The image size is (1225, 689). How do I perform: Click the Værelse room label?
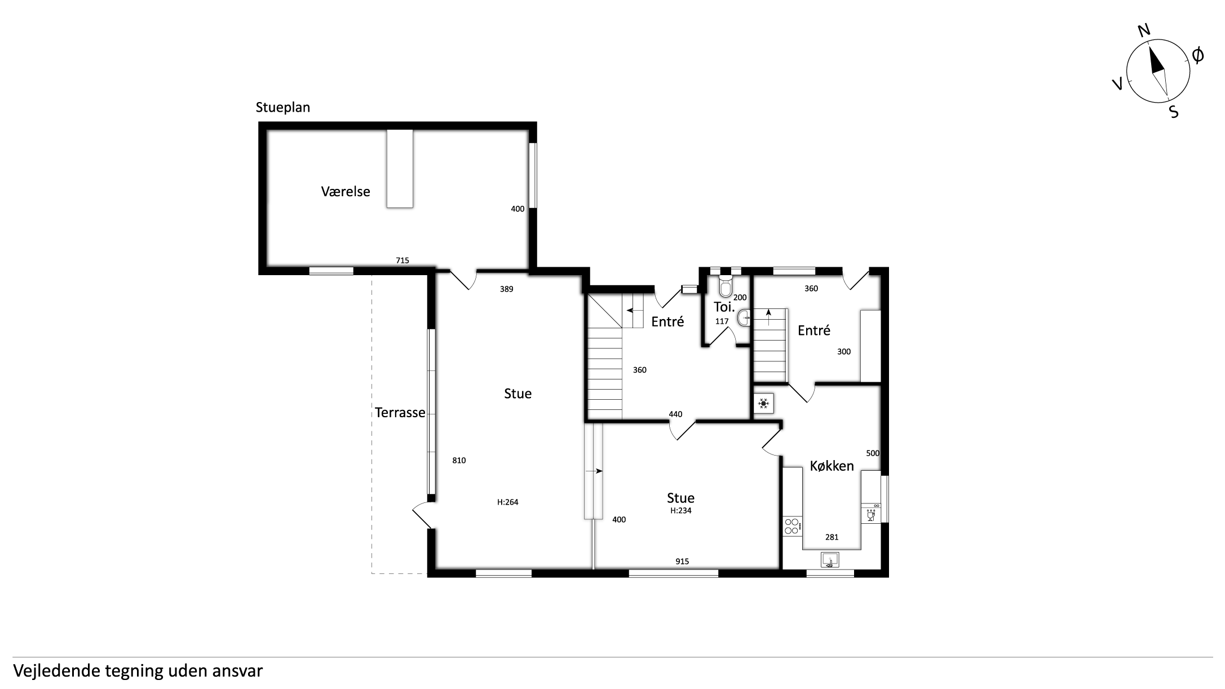346,191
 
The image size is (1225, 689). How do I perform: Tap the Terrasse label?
400,413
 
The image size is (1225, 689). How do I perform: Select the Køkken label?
832,466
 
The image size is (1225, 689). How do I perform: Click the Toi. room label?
724,307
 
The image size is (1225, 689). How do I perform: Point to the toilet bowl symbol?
725,286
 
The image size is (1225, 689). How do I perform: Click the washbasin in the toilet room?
744,317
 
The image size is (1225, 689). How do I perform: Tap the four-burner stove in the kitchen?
791,526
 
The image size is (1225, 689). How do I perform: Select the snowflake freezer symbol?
764,403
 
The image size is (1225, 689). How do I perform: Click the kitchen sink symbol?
829,560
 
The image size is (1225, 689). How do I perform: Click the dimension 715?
403,260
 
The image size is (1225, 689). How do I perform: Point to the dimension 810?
459,461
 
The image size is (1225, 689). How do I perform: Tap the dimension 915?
682,562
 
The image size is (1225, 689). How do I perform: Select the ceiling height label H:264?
507,502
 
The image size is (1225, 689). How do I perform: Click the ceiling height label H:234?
680,511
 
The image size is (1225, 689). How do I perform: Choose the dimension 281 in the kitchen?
832,537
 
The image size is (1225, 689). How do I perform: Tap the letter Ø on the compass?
1197,56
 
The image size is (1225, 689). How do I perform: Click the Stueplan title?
283,108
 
